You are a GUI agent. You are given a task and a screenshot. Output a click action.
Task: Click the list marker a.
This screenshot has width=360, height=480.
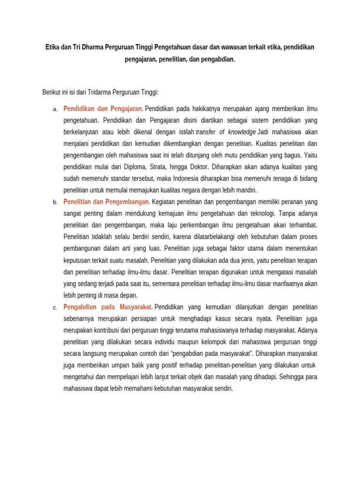pos(55,109)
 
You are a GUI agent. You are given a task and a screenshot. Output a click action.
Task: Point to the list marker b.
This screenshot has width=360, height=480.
pos(55,202)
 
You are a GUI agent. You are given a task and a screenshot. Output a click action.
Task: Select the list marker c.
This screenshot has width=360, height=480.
pos(55,307)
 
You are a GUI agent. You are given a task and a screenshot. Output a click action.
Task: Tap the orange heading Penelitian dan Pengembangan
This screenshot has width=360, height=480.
pos(106,202)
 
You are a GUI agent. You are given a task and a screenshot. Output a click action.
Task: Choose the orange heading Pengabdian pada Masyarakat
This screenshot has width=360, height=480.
pos(107,307)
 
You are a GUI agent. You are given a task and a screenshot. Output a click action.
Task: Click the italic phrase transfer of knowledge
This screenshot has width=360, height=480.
pos(225,132)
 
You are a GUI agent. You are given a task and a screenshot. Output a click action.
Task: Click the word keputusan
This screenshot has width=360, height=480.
pos(77,260)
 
